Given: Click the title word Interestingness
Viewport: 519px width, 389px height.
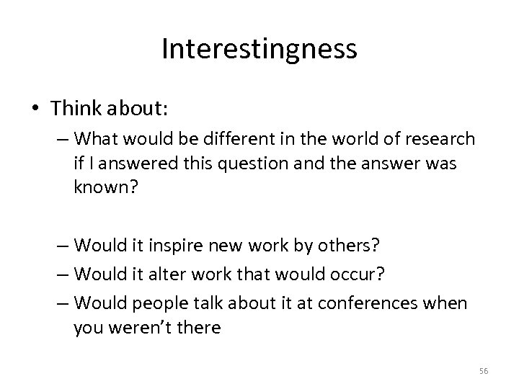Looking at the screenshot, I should pyautogui.click(x=259, y=49).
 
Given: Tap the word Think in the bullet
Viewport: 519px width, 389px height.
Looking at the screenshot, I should pyautogui.click(x=79, y=107).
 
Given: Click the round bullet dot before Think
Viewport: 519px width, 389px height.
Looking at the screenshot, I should pyautogui.click(x=35, y=108).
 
